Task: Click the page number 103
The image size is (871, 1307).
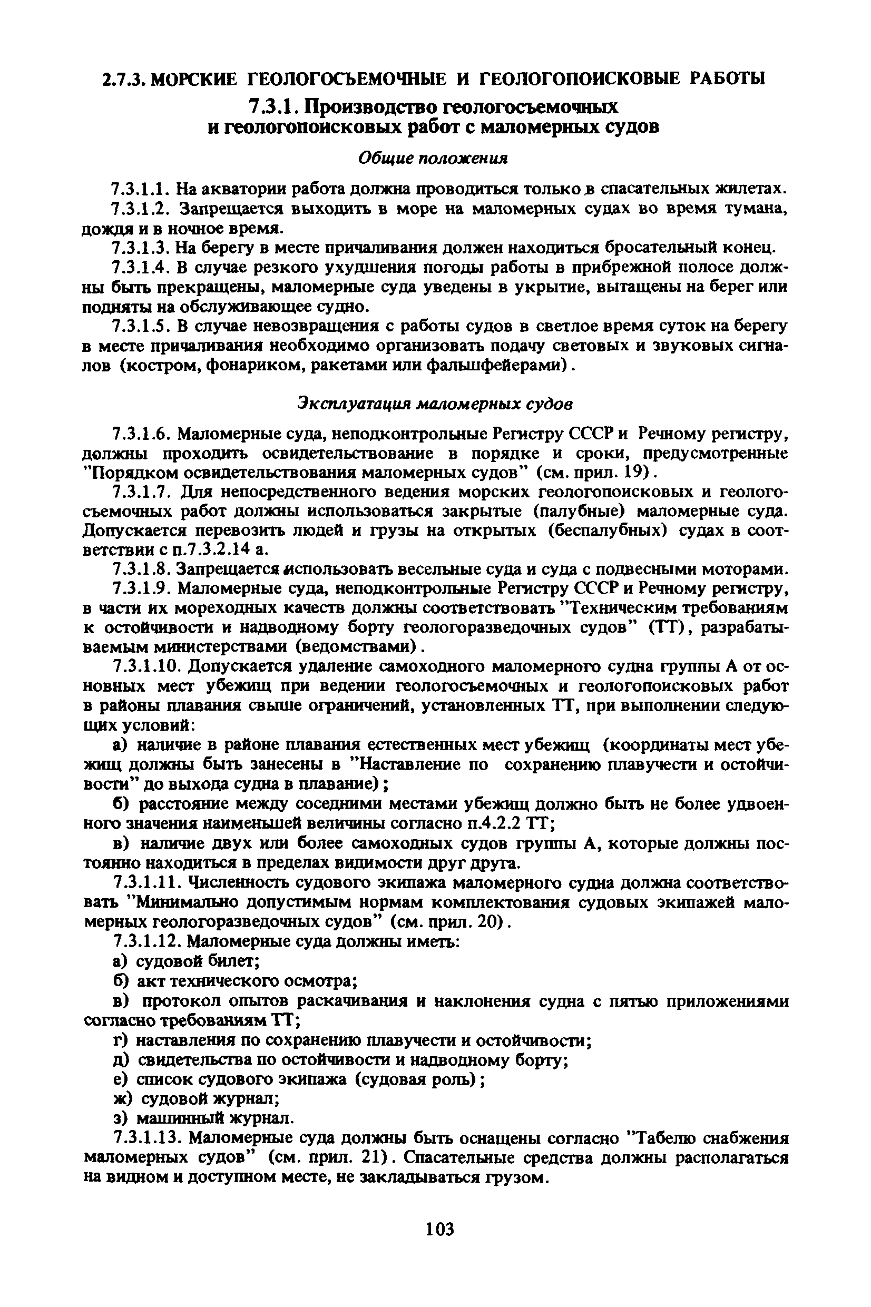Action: pos(439,1229)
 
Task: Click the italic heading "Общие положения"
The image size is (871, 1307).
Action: pos(433,159)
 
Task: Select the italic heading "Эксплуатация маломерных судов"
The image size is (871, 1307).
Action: pos(435,403)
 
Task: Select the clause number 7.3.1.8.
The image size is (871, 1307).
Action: pos(141,568)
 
